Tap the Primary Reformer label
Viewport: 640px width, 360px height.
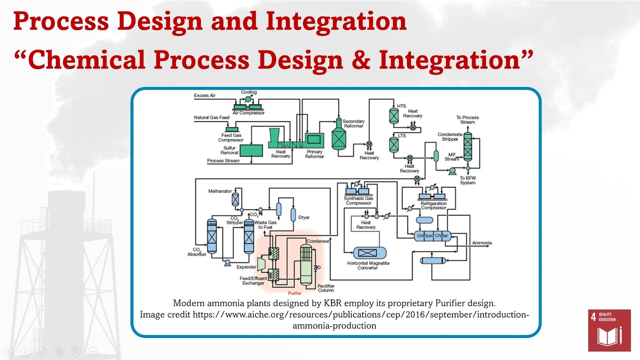314,154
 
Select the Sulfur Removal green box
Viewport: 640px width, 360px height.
251,150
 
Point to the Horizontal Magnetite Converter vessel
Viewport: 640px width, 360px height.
369,253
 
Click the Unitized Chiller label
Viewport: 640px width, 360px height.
432,235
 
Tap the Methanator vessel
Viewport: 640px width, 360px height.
235,199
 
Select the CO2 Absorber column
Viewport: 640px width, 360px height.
211,236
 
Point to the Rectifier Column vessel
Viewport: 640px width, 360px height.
305,265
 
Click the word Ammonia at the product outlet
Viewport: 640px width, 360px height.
481,243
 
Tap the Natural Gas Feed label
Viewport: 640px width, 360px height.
211,118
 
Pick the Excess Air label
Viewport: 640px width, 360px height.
205,95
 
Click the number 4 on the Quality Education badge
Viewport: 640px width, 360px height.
593,317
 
